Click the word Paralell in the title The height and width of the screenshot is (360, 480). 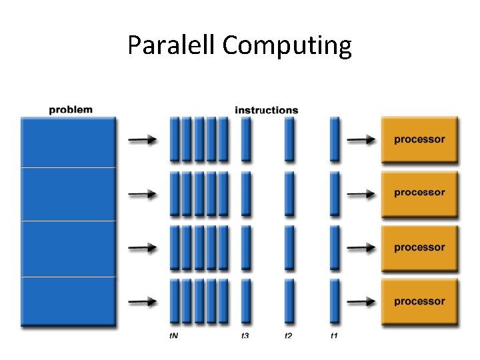(171, 45)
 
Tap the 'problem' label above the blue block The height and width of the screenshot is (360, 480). (71, 109)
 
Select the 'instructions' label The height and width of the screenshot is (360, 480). (267, 110)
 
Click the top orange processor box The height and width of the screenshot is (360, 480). (419, 140)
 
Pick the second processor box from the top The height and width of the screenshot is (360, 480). (419, 193)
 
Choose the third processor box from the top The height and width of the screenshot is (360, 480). (419, 247)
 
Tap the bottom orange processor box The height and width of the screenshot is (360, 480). (419, 301)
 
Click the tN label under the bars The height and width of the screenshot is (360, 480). (173, 335)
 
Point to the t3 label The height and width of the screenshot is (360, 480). (245, 335)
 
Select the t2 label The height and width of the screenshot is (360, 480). (289, 335)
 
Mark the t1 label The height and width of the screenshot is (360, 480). (334, 335)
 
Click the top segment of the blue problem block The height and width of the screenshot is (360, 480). (68, 142)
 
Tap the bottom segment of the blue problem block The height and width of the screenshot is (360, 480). (68, 301)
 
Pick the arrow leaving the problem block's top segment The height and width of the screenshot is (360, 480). (142, 140)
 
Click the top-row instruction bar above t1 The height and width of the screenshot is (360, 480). (335, 139)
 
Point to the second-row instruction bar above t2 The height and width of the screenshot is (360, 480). (289, 193)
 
